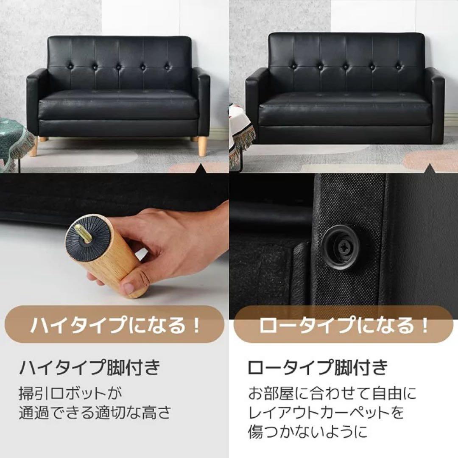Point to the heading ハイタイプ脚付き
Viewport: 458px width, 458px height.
click(x=89, y=367)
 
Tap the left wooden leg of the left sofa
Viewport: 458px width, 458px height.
click(x=33, y=146)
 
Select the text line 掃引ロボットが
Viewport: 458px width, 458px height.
click(x=70, y=393)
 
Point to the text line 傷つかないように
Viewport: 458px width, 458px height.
click(x=307, y=431)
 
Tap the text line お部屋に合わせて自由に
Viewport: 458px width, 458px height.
click(x=332, y=393)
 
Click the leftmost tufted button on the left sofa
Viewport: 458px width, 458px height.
click(x=70, y=67)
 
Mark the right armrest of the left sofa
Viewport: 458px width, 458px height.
click(x=201, y=102)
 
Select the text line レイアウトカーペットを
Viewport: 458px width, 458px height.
click(x=326, y=412)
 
